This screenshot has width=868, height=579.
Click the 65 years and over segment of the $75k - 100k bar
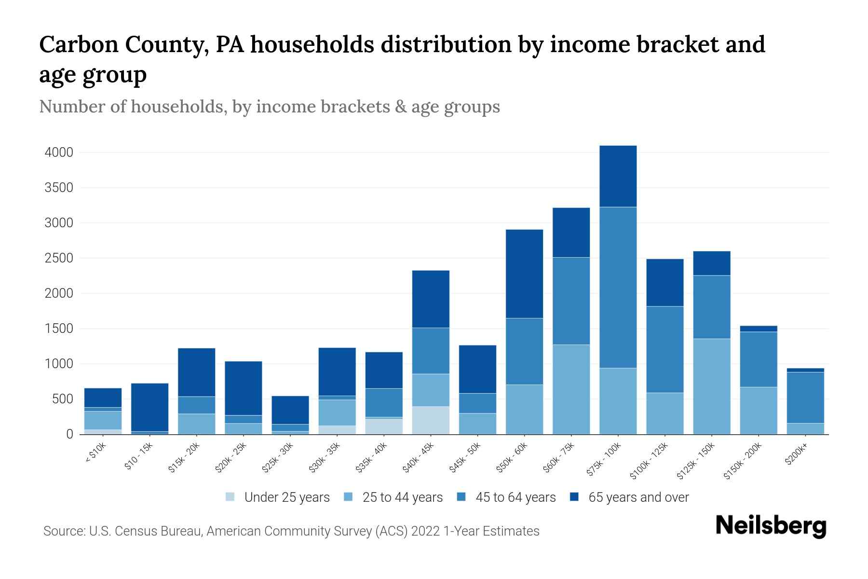point(618,176)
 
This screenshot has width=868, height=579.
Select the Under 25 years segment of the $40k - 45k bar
point(431,420)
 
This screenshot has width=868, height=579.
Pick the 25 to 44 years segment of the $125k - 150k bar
point(712,386)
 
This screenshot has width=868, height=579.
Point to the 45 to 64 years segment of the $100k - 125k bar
point(665,349)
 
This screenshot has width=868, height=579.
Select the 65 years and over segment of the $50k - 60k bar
point(524,274)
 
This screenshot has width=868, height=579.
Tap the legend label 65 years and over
point(638,497)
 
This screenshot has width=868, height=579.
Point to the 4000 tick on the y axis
point(59,152)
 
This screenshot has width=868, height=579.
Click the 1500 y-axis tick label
point(59,329)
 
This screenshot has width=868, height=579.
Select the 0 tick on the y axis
point(69,434)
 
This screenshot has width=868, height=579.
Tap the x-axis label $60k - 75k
point(558,457)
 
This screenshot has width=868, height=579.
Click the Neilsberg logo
point(771,525)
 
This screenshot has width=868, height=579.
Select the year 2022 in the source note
point(425,531)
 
